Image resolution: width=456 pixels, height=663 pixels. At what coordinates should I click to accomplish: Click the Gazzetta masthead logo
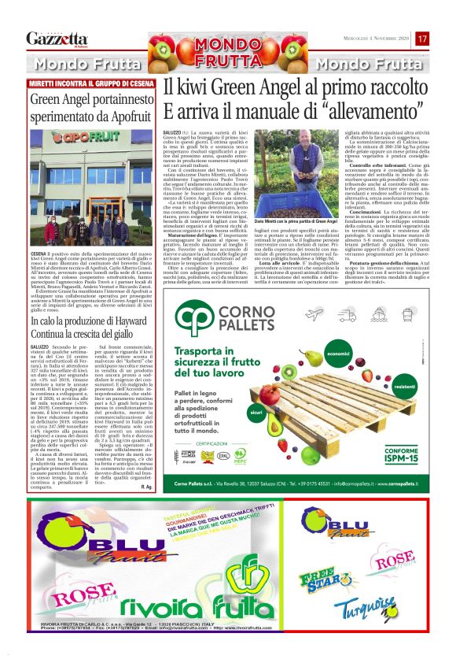click(x=57, y=38)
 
